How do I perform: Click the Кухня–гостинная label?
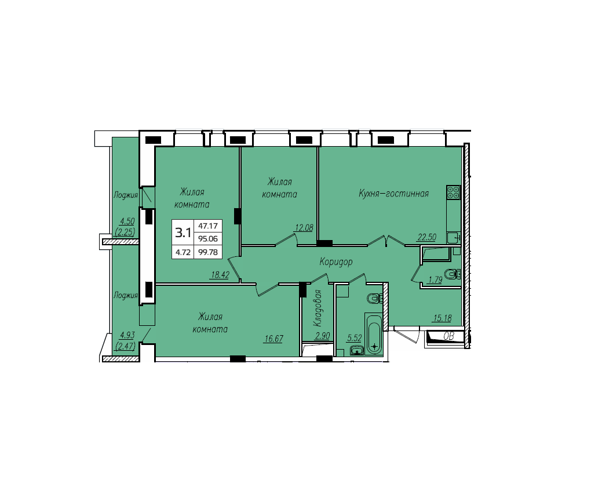[393, 194]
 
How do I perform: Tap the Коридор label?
[336, 261]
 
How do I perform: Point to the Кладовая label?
[318, 308]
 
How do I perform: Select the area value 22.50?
[426, 237]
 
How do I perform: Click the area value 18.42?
[220, 275]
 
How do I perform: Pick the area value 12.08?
[304, 227]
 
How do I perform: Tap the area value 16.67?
[273, 339]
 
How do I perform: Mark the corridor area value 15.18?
[442, 318]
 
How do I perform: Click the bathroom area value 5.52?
[354, 338]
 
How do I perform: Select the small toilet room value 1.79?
[435, 280]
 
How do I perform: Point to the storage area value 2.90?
[322, 336]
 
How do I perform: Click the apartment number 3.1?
[183, 233]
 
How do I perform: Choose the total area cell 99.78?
[208, 252]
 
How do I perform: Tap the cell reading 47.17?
[208, 226]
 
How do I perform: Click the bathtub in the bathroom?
[374, 333]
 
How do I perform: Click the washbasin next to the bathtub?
[356, 351]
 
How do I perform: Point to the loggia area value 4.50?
[127, 221]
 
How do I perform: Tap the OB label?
[448, 336]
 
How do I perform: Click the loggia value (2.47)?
[126, 346]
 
